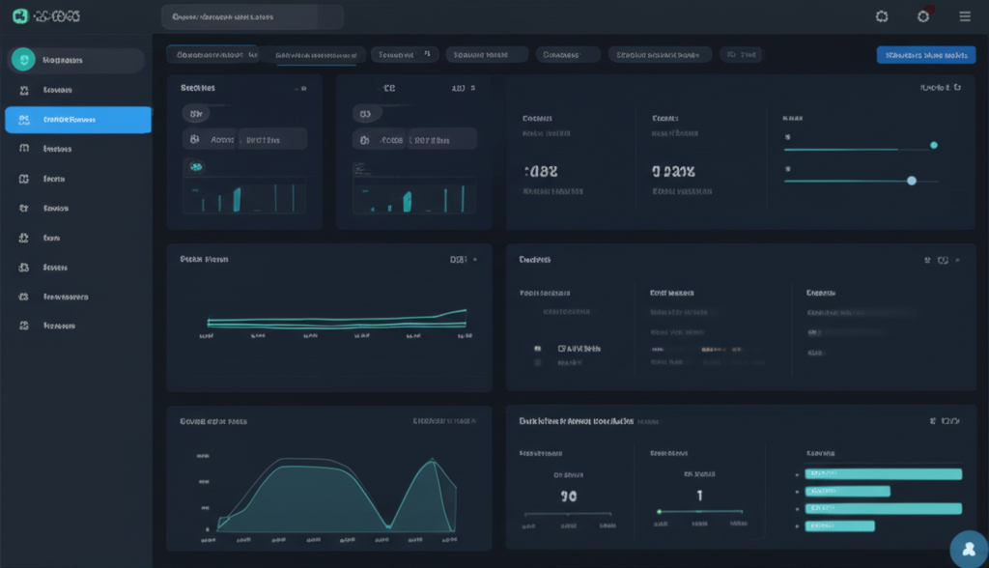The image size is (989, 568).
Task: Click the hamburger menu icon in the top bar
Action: [x=964, y=16]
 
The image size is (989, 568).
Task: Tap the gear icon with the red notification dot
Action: [x=923, y=16]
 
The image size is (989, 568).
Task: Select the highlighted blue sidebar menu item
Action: [x=78, y=120]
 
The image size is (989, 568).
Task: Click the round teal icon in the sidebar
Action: [x=22, y=60]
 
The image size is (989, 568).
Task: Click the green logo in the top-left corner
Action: [x=18, y=16]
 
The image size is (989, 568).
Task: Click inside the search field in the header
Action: [x=252, y=16]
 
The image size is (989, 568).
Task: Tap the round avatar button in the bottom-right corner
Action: [x=969, y=549]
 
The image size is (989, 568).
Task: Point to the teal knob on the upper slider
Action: [x=933, y=145]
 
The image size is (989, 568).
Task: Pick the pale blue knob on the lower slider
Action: [x=912, y=181]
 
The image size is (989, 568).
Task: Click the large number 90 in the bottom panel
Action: [x=569, y=496]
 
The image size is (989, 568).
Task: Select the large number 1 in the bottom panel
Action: [x=699, y=496]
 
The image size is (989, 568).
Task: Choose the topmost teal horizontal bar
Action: [x=884, y=473]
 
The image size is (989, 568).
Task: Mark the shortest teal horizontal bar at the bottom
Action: [x=839, y=525]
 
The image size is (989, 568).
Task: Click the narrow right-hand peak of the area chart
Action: [x=432, y=464]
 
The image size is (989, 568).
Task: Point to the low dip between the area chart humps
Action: [x=388, y=525]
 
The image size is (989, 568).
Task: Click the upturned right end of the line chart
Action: [x=464, y=311]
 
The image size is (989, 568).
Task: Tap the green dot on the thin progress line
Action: [x=659, y=512]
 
